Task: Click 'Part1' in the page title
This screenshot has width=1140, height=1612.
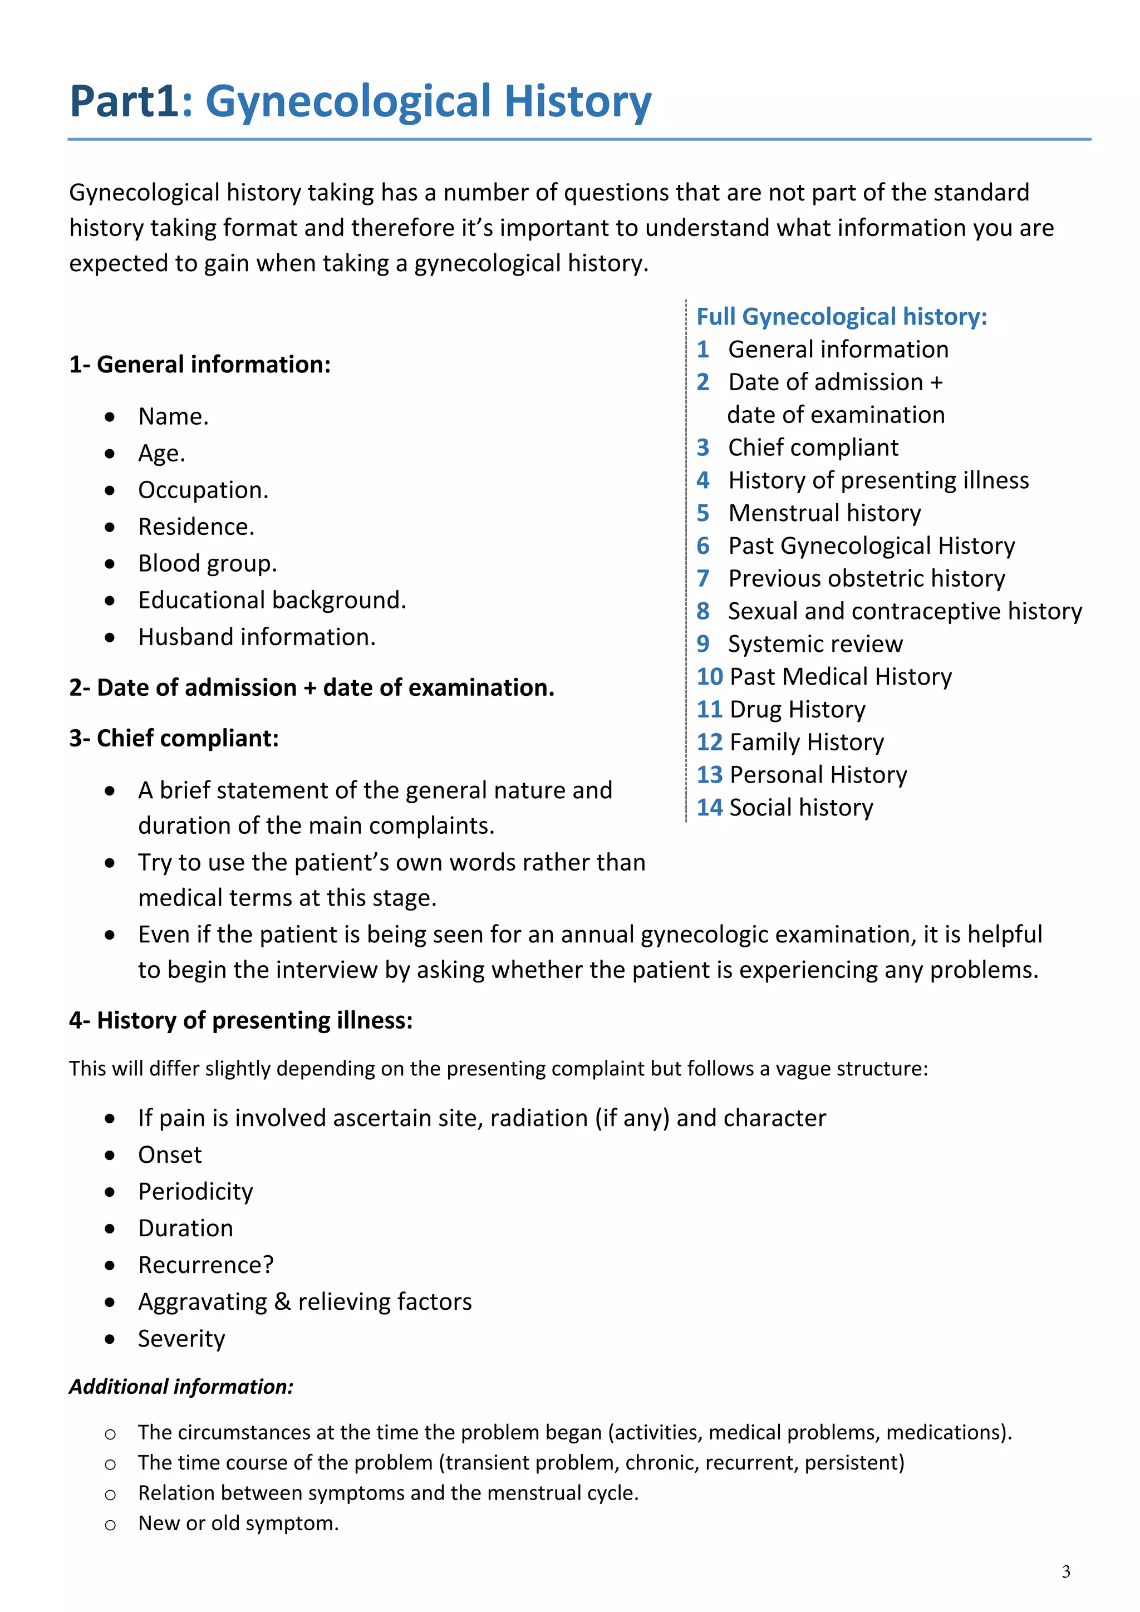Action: point(124,101)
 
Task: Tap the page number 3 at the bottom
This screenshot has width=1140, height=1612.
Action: point(1065,1572)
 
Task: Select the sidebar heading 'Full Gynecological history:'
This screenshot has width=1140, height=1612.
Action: point(841,317)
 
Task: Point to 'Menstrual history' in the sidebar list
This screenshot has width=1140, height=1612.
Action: point(824,513)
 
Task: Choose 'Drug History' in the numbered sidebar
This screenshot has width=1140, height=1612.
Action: point(798,709)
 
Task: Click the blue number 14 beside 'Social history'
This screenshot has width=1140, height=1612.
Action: point(709,808)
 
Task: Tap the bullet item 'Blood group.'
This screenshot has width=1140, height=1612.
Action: point(207,564)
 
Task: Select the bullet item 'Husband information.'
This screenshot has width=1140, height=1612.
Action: point(256,637)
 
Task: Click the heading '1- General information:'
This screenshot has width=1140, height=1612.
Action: point(199,365)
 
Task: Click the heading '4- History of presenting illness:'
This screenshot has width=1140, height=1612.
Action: point(241,1020)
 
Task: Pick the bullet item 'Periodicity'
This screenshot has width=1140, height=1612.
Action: point(195,1191)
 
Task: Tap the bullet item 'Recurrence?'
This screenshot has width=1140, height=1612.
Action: point(205,1265)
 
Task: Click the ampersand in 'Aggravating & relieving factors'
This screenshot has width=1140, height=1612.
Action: point(282,1301)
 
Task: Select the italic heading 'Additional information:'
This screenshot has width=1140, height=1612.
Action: point(180,1387)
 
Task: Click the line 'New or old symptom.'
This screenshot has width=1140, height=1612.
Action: point(238,1523)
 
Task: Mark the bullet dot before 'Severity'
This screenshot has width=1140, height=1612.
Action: point(110,1339)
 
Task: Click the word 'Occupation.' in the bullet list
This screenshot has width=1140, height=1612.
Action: point(203,490)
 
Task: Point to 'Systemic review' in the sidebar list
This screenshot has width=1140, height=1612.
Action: point(815,644)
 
